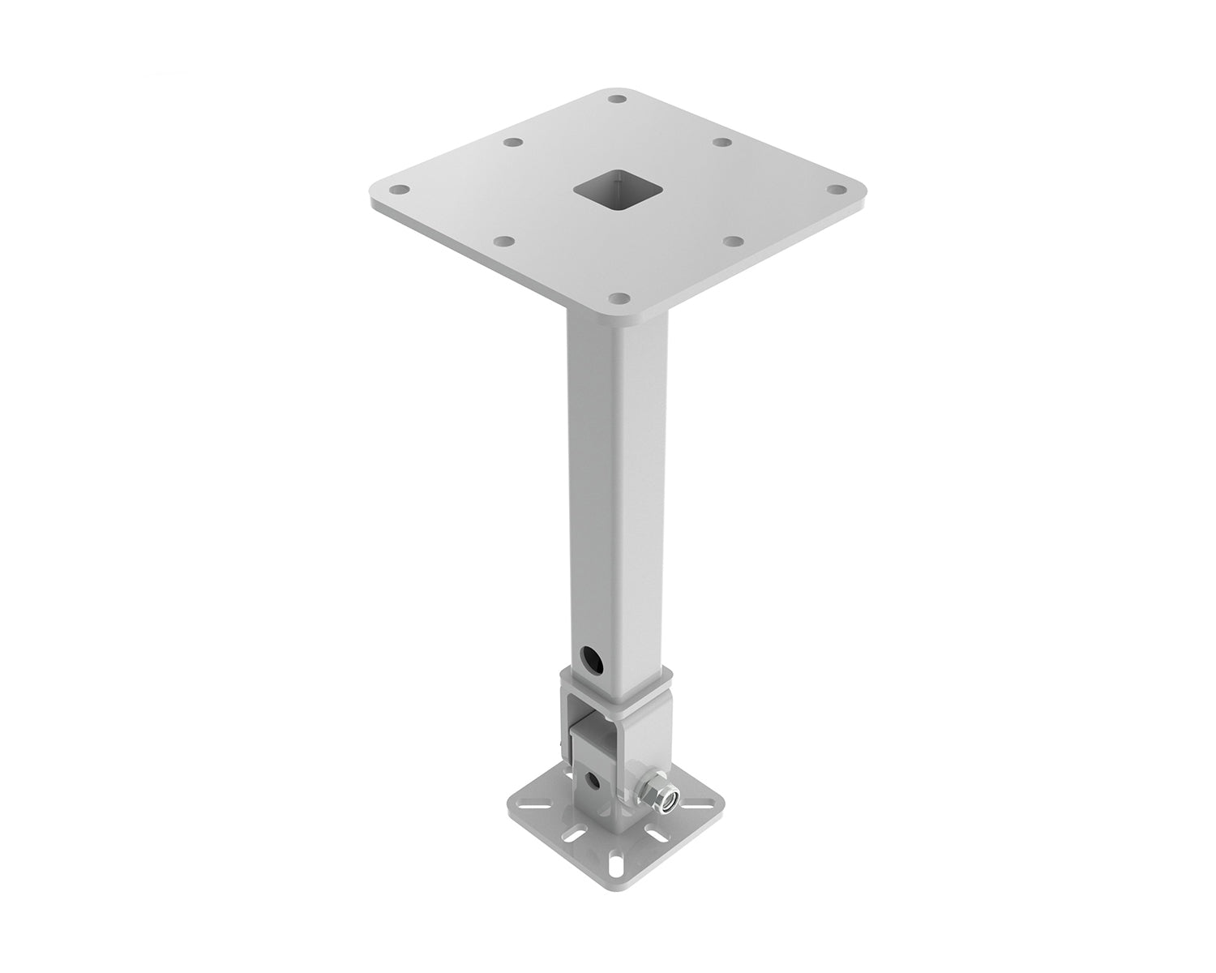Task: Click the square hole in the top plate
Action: (619, 191)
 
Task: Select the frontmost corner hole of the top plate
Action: (619, 298)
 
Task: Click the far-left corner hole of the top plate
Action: (398, 191)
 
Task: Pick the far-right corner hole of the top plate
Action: (839, 190)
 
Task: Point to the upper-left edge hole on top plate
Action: (511, 143)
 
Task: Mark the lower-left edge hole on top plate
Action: (503, 242)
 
